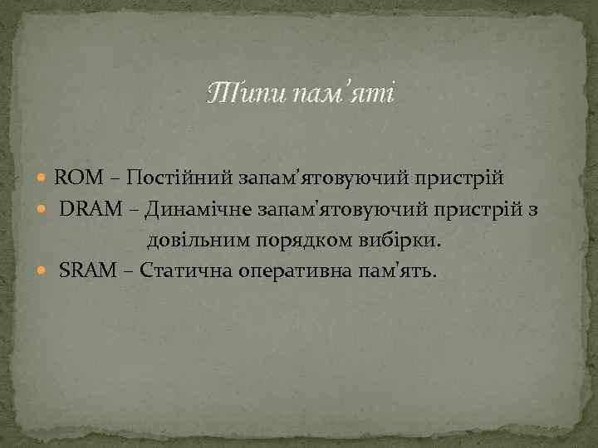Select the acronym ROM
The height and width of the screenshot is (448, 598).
77,178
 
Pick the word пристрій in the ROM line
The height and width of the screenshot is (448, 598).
458,178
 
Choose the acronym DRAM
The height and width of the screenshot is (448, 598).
87,210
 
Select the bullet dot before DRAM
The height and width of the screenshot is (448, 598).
45,211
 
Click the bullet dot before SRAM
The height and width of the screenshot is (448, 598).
45,272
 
